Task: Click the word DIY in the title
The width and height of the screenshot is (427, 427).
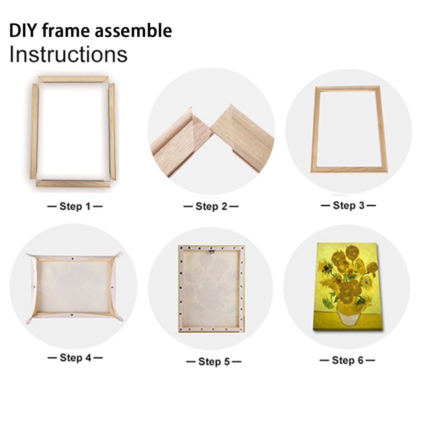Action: click(23, 30)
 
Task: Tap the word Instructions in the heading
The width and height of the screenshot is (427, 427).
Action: click(68, 54)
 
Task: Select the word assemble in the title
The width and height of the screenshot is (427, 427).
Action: click(133, 30)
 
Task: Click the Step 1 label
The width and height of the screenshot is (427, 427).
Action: click(75, 207)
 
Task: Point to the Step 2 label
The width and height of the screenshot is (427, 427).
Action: click(211, 207)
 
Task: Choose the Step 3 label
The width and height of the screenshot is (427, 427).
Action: click(348, 205)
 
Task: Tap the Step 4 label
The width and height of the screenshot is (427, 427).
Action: click(75, 358)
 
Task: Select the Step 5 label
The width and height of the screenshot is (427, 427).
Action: click(214, 362)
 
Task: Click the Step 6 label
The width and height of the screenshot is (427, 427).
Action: click(347, 360)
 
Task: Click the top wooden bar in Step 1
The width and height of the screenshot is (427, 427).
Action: click(73, 79)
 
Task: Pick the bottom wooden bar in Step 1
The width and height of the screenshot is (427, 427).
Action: click(73, 184)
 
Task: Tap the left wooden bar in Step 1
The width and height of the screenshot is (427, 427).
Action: click(34, 131)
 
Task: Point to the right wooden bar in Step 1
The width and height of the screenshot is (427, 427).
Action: click(112, 131)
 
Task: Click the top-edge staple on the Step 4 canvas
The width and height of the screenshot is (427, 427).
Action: click(73, 258)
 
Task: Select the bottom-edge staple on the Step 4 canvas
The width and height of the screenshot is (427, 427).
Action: click(72, 315)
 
